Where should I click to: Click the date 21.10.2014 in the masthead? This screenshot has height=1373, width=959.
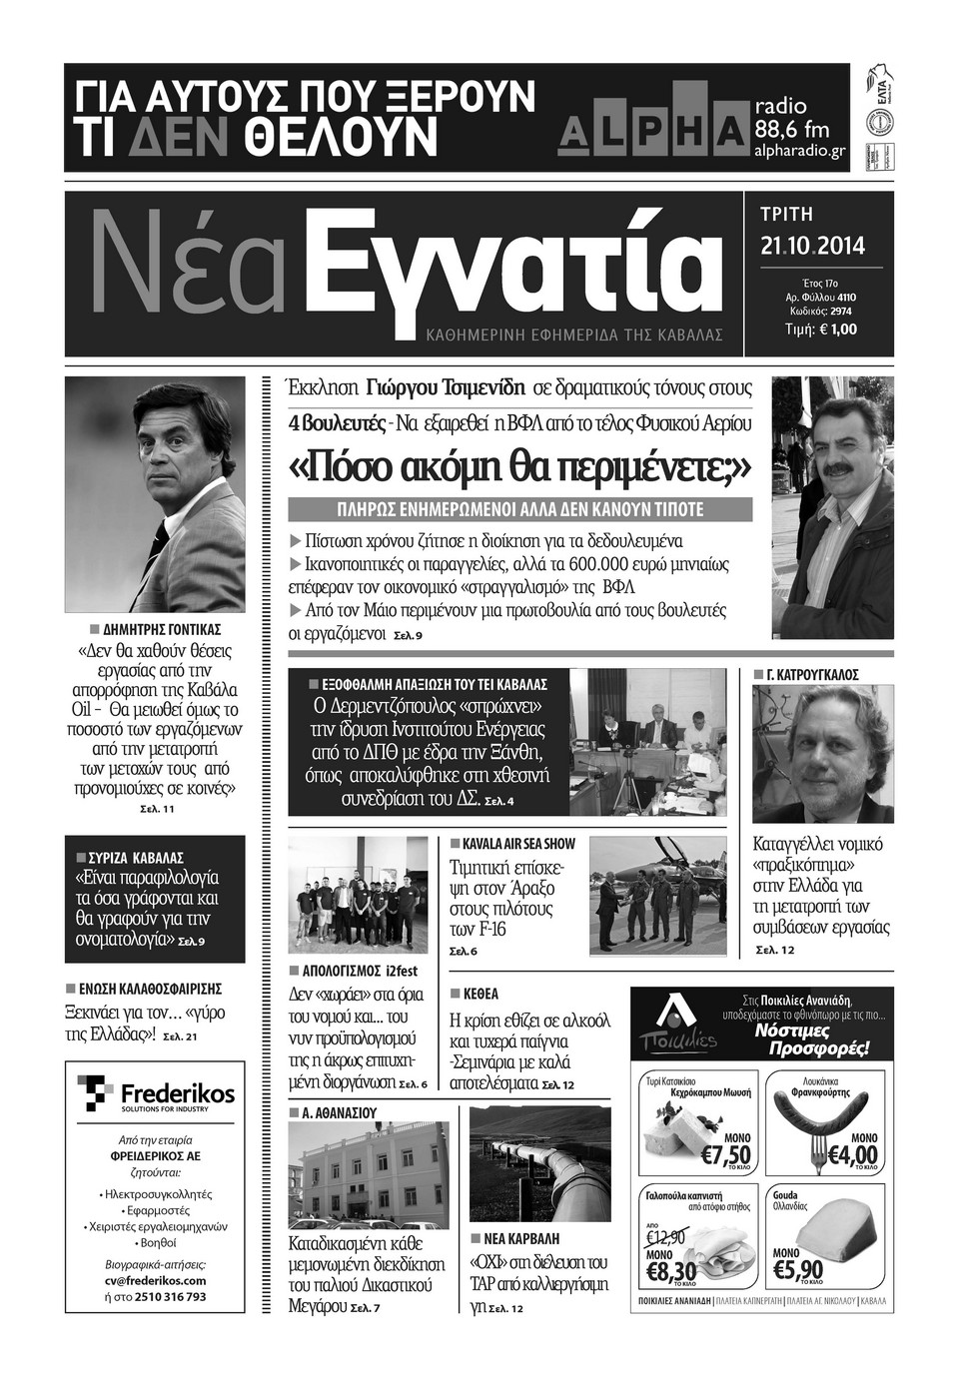812,246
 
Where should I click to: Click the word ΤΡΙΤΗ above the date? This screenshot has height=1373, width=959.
787,215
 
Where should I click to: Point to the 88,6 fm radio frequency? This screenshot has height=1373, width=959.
792,129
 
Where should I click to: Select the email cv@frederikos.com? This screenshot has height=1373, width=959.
155,1280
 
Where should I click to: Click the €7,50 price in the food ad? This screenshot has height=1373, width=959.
725,1155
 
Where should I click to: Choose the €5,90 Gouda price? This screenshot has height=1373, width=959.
796,1270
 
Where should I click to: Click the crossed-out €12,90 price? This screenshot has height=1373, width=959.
665,1237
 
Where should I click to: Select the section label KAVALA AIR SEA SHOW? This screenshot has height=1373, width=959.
518,844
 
